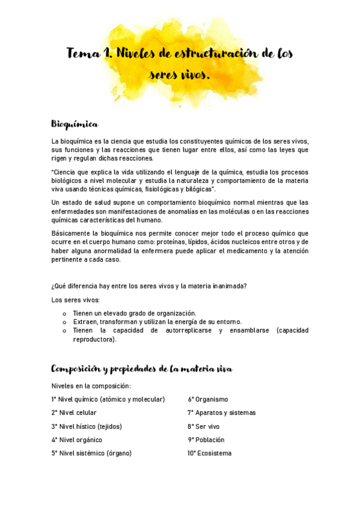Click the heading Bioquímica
tap(75, 124)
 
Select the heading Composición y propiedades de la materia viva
tap(142, 368)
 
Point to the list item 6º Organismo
tap(208, 399)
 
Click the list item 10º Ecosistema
tap(209, 453)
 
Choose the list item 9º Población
tap(206, 440)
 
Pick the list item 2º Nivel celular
tap(74, 413)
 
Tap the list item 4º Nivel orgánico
tap(76, 440)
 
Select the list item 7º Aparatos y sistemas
tap(222, 413)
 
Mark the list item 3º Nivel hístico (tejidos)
tap(87, 426)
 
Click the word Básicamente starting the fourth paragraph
tap(70, 233)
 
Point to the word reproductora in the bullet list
tap(94, 339)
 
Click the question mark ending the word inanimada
tap(245, 286)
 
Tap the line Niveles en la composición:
tap(91, 386)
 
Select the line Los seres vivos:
tap(76, 300)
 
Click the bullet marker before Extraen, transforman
tap(64, 322)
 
